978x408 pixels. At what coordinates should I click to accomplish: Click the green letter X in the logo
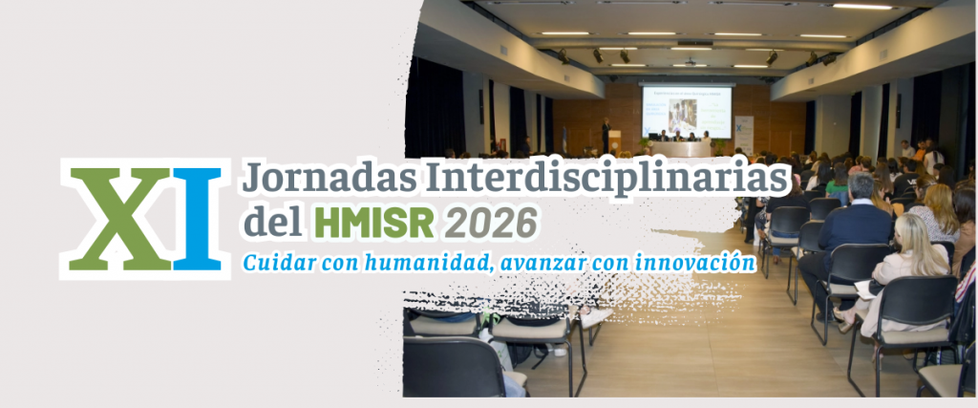pos(119,219)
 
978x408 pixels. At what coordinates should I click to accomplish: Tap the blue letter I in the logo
pos(197,219)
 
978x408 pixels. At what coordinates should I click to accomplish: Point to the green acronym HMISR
pos(374,222)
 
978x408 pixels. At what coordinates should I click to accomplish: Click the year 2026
pos(490,222)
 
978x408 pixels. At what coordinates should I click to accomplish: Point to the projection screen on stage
pos(687,113)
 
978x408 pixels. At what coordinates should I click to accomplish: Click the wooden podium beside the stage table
pos(614,143)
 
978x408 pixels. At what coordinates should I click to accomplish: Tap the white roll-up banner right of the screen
pos(743,134)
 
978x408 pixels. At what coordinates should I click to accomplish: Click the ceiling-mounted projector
pos(690,62)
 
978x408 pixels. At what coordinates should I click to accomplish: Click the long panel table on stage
pos(680,149)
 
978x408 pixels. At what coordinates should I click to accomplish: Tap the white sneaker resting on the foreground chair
pos(594,315)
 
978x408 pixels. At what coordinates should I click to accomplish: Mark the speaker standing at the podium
pos(606,134)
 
